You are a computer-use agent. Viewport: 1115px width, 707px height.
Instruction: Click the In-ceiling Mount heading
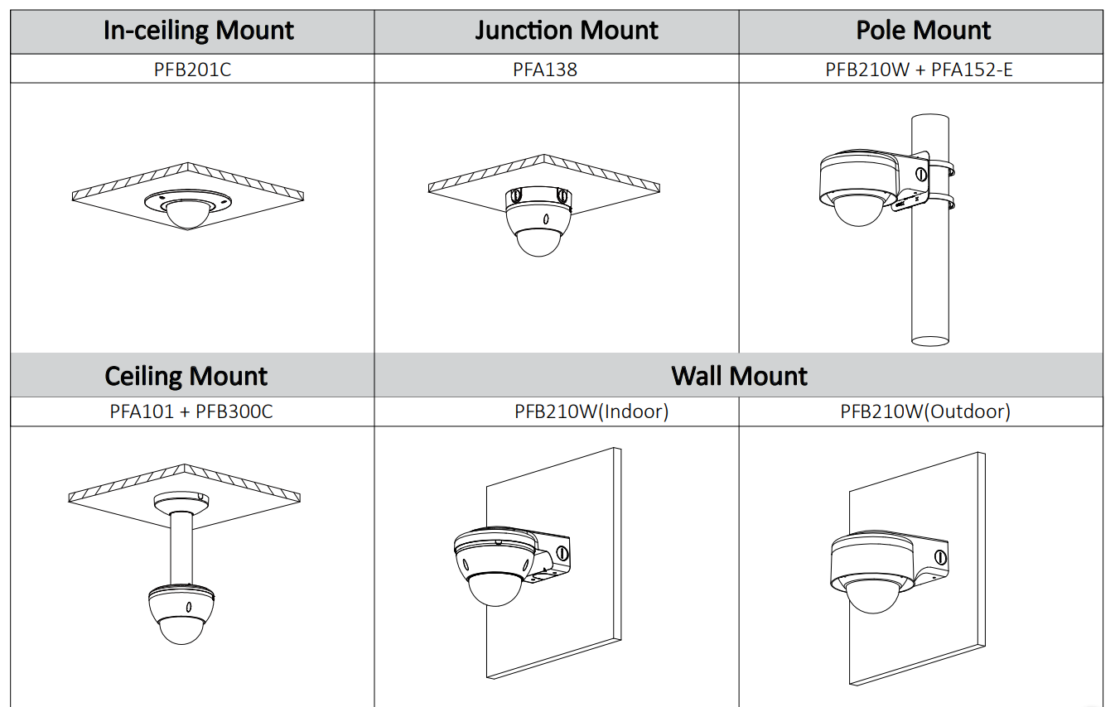click(x=198, y=31)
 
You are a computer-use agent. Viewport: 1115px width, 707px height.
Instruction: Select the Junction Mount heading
click(x=567, y=31)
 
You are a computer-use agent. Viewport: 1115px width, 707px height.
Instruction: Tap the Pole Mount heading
click(x=923, y=31)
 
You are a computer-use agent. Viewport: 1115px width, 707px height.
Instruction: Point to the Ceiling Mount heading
click(x=186, y=377)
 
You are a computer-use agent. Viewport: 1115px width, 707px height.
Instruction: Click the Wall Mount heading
click(x=739, y=377)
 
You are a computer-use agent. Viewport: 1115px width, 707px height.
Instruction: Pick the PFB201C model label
click(x=192, y=70)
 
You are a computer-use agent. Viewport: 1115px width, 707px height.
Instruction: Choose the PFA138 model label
click(x=544, y=70)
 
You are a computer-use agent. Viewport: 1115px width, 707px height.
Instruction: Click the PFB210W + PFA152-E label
click(x=919, y=70)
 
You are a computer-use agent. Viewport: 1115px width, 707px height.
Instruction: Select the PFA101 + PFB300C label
click(x=191, y=411)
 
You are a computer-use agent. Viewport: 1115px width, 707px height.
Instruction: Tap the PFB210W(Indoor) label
click(x=591, y=411)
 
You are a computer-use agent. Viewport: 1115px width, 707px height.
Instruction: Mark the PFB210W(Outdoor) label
click(x=924, y=411)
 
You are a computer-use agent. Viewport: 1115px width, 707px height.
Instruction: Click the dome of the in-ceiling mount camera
click(x=188, y=214)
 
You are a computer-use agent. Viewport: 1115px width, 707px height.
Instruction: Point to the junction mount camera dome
click(x=539, y=241)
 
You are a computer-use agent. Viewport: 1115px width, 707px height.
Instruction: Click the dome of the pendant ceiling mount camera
click(x=181, y=629)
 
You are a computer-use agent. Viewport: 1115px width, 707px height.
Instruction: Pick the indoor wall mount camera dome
click(x=495, y=589)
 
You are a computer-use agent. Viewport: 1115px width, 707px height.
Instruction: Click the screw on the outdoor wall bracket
click(x=940, y=556)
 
